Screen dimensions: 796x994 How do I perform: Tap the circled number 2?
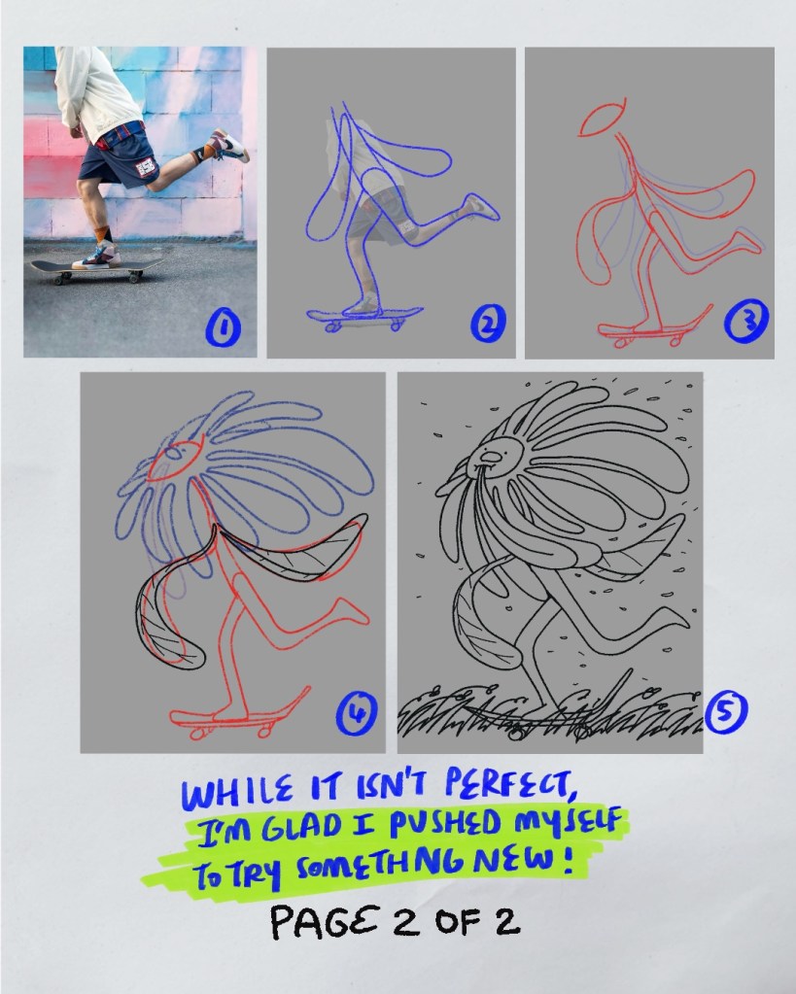pos(488,324)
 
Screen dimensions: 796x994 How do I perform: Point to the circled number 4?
pos(357,713)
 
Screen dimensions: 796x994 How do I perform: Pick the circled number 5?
pos(726,710)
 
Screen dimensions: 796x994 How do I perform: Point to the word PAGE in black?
pos(327,922)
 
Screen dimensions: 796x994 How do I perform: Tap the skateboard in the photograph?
pos(95,269)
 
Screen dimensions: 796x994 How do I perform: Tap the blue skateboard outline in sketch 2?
pos(364,319)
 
